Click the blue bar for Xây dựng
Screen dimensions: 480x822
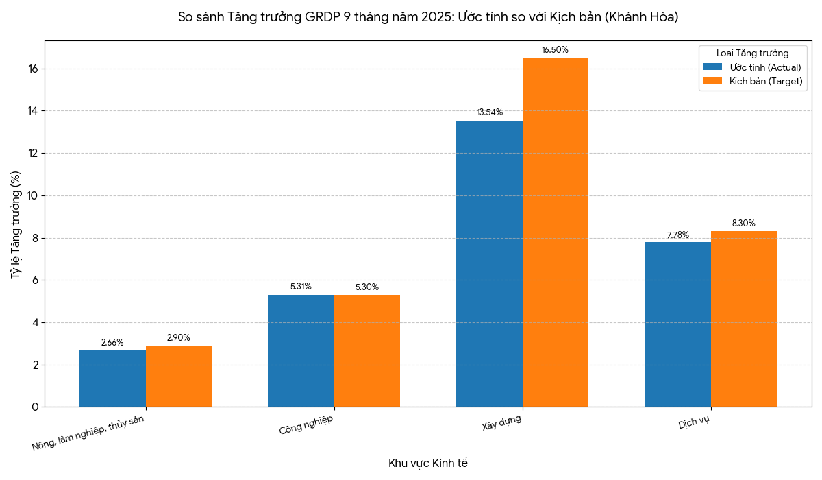(489, 264)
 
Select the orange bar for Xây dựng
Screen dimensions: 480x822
(556, 232)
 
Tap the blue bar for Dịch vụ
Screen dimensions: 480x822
(677, 324)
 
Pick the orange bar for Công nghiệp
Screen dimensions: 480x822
(367, 351)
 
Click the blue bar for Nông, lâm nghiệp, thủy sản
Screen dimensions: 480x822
(112, 379)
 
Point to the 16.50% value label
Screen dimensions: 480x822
(555, 50)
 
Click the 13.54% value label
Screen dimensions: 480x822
(490, 112)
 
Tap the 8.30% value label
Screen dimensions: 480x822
(743, 224)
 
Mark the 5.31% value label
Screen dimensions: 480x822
(301, 287)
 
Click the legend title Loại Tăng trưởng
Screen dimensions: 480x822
(752, 53)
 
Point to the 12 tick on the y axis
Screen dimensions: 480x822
(33, 154)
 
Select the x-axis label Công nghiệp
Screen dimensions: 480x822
(306, 425)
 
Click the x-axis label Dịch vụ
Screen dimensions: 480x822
(693, 422)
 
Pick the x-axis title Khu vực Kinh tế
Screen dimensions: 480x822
(427, 463)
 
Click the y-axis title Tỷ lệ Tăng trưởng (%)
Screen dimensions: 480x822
(16, 224)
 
